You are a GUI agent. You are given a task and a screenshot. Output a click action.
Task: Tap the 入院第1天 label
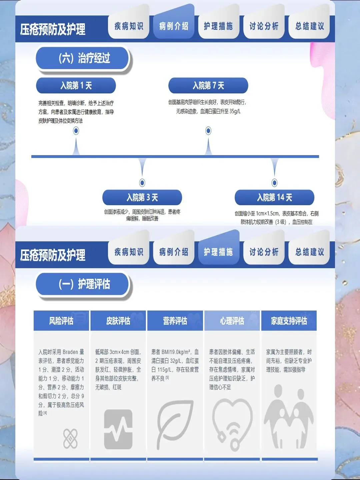76,86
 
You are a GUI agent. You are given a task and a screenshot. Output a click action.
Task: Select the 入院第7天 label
208,86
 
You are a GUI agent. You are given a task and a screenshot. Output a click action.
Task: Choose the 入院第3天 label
142,197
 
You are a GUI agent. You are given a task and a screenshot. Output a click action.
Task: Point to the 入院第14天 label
274,197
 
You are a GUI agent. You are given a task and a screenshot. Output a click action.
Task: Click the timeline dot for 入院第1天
76,131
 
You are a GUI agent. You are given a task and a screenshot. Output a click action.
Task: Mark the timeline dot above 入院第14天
274,182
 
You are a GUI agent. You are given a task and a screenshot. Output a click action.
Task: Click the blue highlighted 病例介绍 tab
174,26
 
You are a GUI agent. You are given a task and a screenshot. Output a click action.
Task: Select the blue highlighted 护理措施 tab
218,252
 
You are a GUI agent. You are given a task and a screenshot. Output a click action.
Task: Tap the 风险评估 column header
61,321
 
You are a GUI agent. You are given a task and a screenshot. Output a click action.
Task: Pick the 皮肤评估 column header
118,321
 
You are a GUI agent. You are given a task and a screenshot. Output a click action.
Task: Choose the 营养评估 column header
175,321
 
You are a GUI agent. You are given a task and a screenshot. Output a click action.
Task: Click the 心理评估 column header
232,321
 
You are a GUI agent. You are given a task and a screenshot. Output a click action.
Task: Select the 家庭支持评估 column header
289,321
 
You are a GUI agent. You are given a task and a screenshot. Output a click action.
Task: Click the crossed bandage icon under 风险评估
70,438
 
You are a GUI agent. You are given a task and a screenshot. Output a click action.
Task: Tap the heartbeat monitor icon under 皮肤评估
118,429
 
